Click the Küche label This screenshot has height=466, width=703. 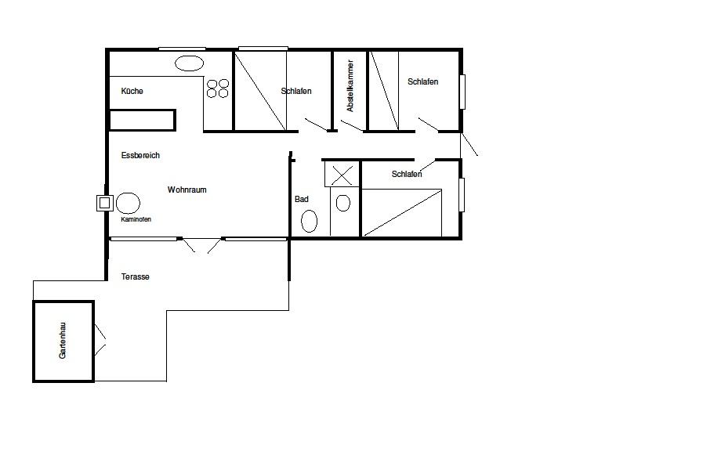[x=132, y=91]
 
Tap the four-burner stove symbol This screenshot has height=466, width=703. [x=217, y=89]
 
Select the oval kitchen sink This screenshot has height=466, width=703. [x=189, y=63]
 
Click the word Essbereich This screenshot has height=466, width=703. [x=140, y=155]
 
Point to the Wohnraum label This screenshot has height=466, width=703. [x=187, y=190]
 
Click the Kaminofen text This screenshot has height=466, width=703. [x=136, y=219]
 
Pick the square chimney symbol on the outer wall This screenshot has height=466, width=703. [x=104, y=203]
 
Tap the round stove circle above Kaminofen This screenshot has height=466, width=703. [x=128, y=204]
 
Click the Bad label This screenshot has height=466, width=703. [x=301, y=199]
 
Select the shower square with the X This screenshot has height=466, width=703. [x=342, y=175]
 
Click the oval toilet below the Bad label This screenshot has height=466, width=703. [x=309, y=222]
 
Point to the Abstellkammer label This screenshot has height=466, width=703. [x=350, y=85]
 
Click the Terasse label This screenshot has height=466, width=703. [x=135, y=276]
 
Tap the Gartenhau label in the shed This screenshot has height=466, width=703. [x=63, y=341]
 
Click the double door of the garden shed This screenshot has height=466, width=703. [x=100, y=340]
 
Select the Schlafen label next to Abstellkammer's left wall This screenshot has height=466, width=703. [x=296, y=91]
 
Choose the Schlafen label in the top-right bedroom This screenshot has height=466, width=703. [x=422, y=81]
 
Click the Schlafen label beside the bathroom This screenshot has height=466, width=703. [x=407, y=174]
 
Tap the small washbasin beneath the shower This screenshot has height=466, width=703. [x=343, y=203]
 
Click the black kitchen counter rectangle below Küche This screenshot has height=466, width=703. [x=142, y=120]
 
